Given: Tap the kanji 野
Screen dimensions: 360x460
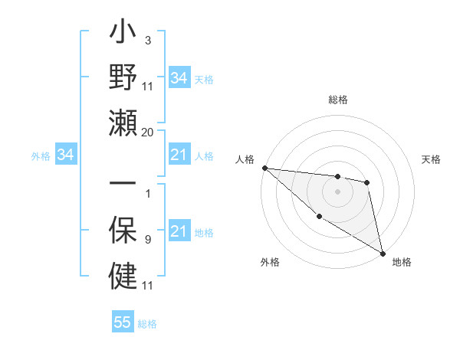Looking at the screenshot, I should coord(123,78).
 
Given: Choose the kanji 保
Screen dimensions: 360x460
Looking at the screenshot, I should coord(123,230).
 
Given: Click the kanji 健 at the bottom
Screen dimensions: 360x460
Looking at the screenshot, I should coord(123,273).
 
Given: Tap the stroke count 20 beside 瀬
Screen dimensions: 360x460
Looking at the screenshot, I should coord(148,132).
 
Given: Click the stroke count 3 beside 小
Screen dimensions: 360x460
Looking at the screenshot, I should coord(148,39).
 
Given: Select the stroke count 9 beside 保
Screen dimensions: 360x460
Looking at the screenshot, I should coord(148,240).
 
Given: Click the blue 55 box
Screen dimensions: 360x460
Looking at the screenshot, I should coord(123,322).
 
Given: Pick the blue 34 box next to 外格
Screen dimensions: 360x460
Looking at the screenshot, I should coord(66,155).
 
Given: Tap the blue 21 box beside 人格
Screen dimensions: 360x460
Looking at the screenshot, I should coord(179,155).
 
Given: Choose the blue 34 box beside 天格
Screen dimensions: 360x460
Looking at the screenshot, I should coord(179,78).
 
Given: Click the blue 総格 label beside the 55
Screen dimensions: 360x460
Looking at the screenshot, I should coord(147,324).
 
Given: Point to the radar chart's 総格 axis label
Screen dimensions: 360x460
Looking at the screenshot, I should coord(337,100).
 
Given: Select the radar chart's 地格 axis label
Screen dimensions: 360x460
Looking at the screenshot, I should coord(402,262).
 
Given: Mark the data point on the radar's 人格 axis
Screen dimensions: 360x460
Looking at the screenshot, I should coord(264,168).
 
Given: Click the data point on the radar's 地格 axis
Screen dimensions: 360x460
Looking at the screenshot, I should coord(383,254).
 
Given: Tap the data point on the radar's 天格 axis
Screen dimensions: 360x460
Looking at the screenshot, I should coord(367,182).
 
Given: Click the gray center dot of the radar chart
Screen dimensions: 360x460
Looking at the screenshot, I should coord(337,191).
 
